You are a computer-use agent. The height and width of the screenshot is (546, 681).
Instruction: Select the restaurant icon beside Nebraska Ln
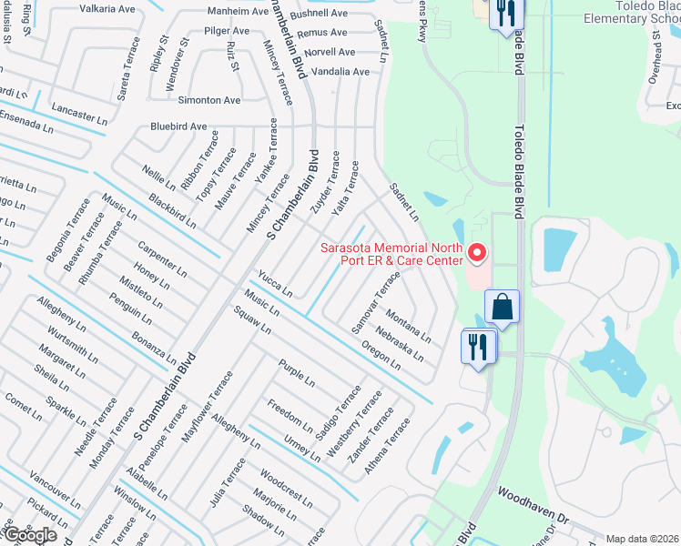tap(479, 346)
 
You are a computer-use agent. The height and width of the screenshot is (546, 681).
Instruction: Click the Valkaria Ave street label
tap(109, 9)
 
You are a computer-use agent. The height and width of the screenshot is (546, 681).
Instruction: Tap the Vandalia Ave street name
tap(340, 71)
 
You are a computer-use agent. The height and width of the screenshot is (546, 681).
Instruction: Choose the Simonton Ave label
tap(209, 99)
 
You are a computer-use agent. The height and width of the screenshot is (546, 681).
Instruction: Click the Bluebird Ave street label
tap(178, 126)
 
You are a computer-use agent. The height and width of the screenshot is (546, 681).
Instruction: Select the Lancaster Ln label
tap(79, 114)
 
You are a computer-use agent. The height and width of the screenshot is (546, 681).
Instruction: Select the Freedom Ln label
tap(290, 413)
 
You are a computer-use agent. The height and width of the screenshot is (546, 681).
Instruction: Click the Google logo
tap(29, 534)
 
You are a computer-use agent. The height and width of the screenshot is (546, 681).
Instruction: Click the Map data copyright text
tap(643, 539)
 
